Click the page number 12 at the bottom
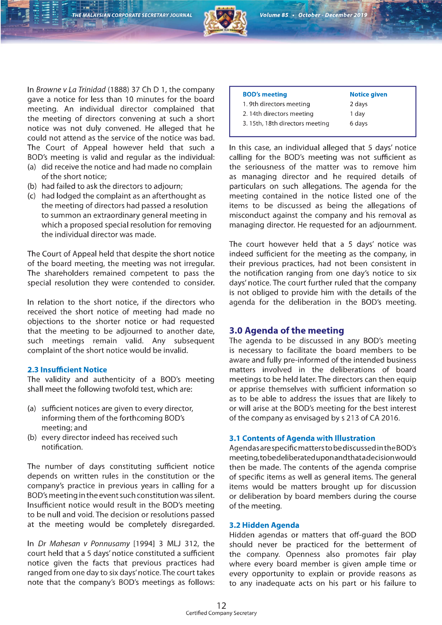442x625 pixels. click(221, 605)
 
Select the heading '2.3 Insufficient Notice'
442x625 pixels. click(67, 370)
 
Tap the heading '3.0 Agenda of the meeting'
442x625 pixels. click(286, 331)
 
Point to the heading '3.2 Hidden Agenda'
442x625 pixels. click(264, 525)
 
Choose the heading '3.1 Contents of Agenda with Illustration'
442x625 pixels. click(302, 438)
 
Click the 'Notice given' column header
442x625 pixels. click(368, 94)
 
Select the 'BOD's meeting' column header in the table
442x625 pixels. click(265, 94)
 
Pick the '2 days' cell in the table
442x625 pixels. click(358, 104)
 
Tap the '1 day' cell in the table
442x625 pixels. click(357, 114)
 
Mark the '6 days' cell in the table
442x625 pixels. click(358, 123)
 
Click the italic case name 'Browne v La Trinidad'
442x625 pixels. click(71, 89)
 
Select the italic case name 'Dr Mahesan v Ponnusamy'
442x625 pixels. click(84, 544)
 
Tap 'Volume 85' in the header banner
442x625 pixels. click(274, 15)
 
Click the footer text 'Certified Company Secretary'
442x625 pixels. click(221, 613)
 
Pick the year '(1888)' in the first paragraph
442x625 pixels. click(118, 89)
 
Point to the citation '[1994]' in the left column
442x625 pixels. click(144, 544)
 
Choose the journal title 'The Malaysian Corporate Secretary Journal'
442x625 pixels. click(132, 15)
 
